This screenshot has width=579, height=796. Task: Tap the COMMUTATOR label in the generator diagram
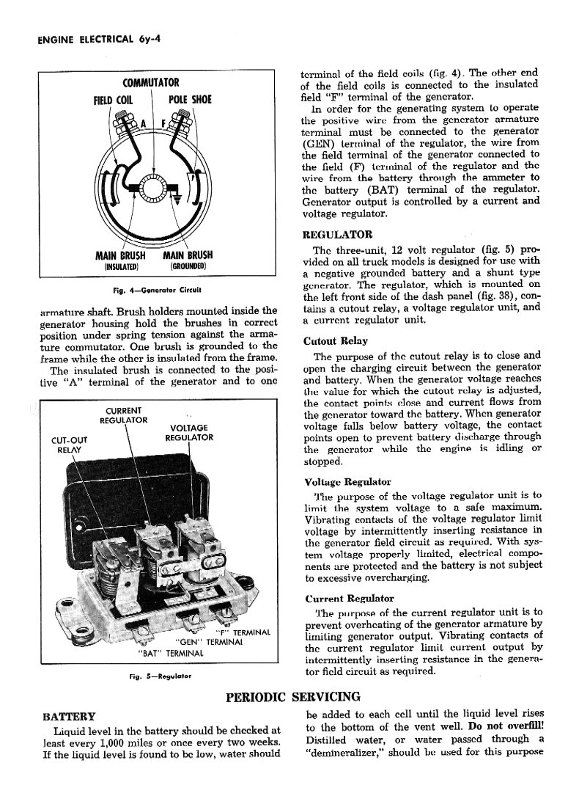click(150, 83)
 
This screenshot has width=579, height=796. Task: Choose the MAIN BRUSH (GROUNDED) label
click(185, 260)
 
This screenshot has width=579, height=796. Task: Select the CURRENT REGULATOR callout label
click(124, 415)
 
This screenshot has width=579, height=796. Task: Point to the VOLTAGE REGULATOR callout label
click(188, 433)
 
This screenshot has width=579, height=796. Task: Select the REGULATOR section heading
click(337, 235)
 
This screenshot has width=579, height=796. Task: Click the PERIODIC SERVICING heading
click(293, 696)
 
